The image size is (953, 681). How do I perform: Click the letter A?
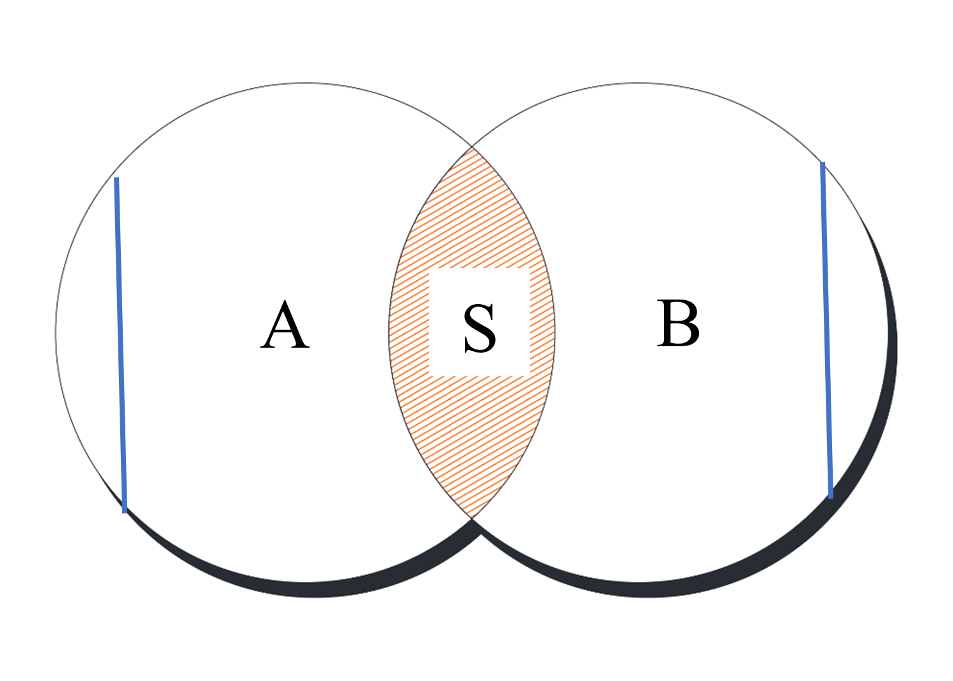click(x=285, y=324)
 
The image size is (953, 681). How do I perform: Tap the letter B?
click(x=678, y=323)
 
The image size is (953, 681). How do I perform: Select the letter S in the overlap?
click(x=480, y=328)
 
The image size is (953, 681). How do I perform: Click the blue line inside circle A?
click(x=120, y=345)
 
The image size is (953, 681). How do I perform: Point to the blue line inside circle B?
click(x=826, y=330)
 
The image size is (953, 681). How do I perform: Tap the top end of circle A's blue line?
click(x=116, y=178)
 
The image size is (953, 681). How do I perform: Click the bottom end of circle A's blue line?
click(x=125, y=513)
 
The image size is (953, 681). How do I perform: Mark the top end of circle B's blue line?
click(x=823, y=163)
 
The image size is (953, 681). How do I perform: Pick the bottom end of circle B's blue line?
click(x=831, y=497)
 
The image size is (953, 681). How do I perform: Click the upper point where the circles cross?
click(x=472, y=147)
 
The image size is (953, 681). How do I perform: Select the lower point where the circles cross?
click(x=472, y=518)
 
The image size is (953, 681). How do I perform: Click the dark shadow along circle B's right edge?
click(x=887, y=383)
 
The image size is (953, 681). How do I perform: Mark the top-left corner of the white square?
click(x=429, y=268)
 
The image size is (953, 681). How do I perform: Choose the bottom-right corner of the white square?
click(x=530, y=376)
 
